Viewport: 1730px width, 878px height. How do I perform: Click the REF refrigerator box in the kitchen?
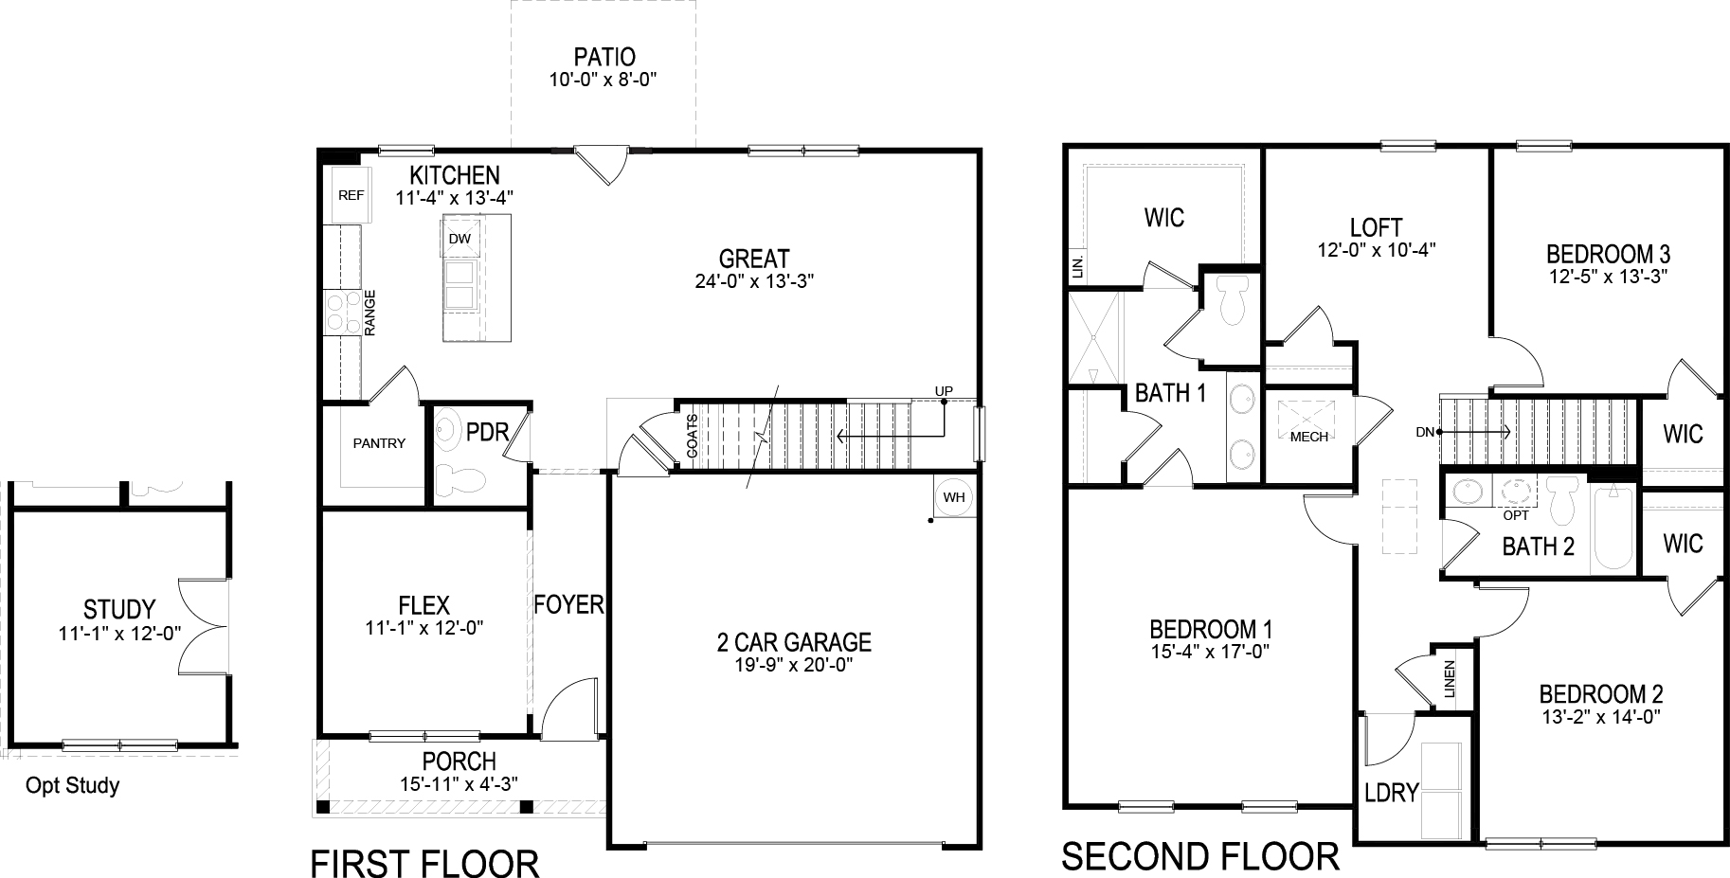[351, 196]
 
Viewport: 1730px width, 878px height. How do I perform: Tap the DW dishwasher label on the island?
[460, 239]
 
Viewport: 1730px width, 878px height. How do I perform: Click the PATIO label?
[604, 58]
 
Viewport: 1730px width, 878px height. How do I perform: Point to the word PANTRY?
[379, 443]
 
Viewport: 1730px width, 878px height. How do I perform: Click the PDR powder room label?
[488, 433]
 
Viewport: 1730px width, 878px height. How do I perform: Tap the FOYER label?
[568, 604]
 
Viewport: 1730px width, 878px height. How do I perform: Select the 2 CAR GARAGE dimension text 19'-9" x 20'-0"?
[794, 665]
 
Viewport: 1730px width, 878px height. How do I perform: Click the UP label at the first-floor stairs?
[944, 391]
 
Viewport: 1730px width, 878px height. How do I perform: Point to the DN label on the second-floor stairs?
[1425, 432]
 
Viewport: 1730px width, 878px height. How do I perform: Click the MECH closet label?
[1309, 437]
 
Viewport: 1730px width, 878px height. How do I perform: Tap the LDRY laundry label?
[1391, 792]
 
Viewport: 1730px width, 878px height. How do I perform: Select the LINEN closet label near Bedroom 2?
[1450, 679]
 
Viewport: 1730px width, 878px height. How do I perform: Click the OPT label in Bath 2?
[1516, 516]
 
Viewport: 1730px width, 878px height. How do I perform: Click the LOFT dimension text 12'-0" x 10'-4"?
[1376, 250]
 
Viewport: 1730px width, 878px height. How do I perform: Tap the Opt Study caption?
[73, 785]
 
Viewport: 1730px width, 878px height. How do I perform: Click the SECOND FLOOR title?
[1200, 856]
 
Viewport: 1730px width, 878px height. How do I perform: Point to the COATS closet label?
[693, 437]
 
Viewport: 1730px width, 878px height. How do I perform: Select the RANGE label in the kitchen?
[370, 313]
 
